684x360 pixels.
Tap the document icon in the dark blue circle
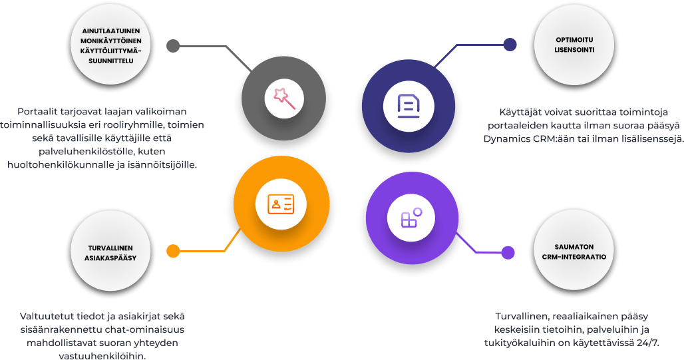click(x=407, y=104)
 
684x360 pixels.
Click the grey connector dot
click(x=173, y=46)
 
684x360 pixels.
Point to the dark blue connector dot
click(x=510, y=45)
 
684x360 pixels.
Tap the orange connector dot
click(x=173, y=251)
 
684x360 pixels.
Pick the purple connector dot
click(x=508, y=253)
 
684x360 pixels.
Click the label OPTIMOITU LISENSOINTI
click(x=575, y=45)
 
